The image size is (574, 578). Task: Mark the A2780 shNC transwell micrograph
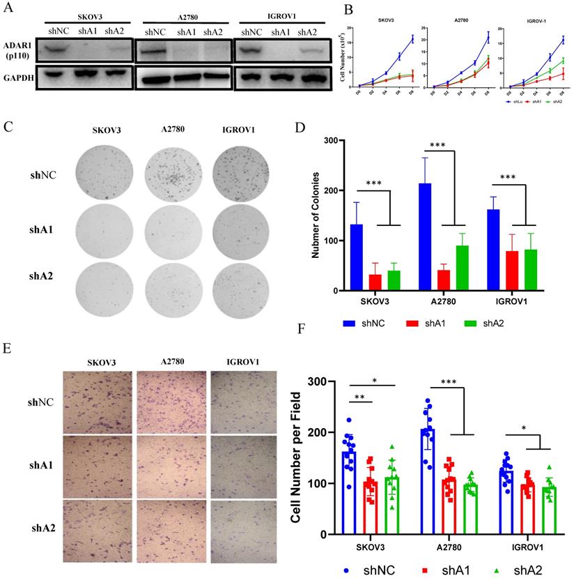171,402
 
